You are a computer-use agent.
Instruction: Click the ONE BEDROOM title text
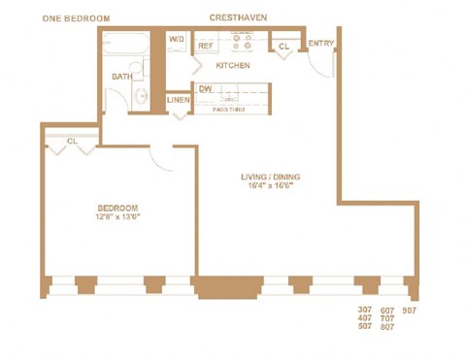coord(76,17)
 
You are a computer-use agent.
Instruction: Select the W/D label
coord(177,40)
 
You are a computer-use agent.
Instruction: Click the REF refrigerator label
coord(206,46)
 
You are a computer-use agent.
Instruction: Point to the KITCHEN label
coord(233,66)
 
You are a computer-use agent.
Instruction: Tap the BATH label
coord(121,76)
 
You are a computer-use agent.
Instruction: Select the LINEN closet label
coord(178,100)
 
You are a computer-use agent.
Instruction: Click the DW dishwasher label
coord(206,89)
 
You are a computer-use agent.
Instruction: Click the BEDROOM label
coord(118,208)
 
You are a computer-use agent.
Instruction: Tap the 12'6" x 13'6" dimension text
coord(118,218)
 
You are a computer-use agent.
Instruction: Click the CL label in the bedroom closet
coord(73,142)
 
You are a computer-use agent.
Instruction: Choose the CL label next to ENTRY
coord(284,46)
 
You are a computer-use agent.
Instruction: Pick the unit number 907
coord(409,311)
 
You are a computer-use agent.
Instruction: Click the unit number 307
coord(365,311)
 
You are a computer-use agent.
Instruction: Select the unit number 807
coord(387,327)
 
